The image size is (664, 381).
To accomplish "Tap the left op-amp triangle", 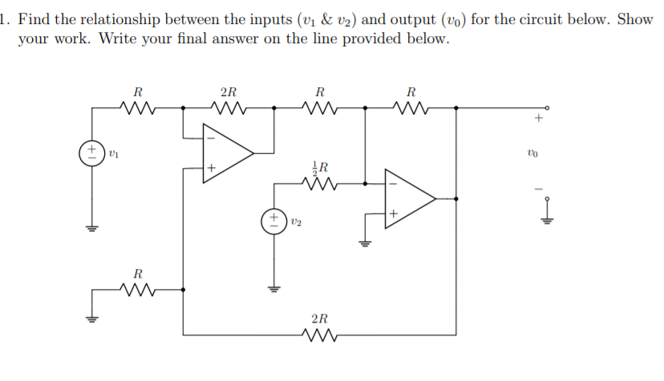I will point(225,152).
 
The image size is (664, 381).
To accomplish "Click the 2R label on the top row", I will point(228,90).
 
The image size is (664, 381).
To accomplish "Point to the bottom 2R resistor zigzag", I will point(319,335).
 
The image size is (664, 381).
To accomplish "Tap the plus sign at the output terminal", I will point(540,119).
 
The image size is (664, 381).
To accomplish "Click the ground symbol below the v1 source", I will point(91,227).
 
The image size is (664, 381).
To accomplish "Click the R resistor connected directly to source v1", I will point(137,106).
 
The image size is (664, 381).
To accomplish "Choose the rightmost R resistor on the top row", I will point(411,106).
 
